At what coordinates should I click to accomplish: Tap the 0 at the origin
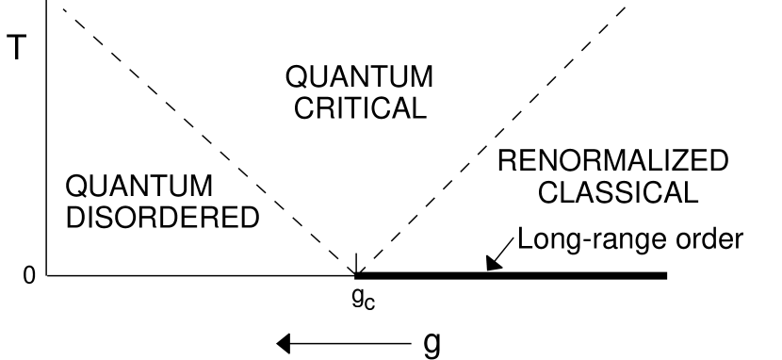(x=28, y=276)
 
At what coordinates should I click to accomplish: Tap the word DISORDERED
(x=159, y=218)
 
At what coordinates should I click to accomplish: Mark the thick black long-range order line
(x=565, y=275)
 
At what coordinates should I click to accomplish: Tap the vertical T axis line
(x=45, y=141)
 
